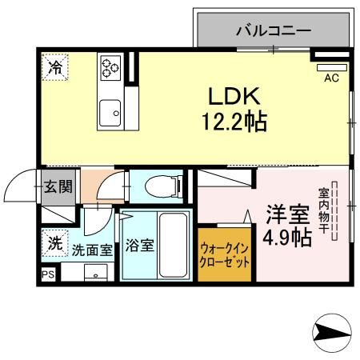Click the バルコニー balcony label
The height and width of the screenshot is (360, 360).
coord(273,33)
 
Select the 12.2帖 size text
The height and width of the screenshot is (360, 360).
coord(233,122)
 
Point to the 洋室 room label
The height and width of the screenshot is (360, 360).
coord(286,214)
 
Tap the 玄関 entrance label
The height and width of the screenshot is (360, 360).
coord(58,187)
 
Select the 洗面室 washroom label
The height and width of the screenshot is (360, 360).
coord(91,249)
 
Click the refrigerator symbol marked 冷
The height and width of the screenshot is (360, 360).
coord(55,68)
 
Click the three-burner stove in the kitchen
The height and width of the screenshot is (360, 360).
coord(110,67)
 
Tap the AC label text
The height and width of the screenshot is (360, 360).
coord(330,78)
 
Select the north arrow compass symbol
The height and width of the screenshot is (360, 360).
coord(330,330)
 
